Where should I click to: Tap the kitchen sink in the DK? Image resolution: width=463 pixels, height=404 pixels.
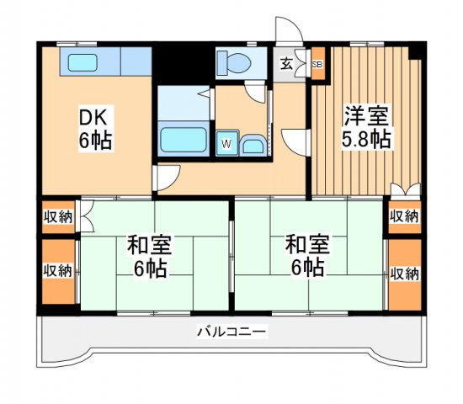click(x=82, y=61)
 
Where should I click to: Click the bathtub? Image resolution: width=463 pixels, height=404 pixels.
click(x=183, y=138)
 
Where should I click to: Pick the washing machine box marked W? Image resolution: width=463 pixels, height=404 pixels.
click(x=226, y=144)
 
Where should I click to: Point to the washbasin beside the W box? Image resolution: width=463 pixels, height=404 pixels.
click(x=253, y=146)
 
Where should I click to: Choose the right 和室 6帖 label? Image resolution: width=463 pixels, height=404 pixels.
click(x=305, y=257)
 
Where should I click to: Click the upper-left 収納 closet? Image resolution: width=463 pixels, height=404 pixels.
click(x=57, y=217)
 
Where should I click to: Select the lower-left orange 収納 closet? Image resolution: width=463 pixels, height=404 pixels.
click(x=57, y=271)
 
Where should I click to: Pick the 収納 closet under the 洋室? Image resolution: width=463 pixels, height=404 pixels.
click(x=403, y=217)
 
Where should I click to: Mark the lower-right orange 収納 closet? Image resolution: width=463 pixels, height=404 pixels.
click(x=403, y=274)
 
